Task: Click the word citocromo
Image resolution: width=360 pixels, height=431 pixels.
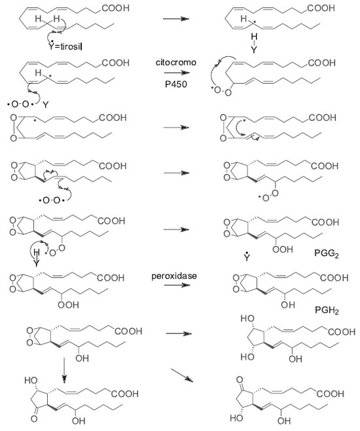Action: click(175, 62)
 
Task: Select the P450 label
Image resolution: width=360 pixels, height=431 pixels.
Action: click(175, 84)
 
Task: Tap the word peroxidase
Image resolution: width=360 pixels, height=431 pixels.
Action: click(174, 276)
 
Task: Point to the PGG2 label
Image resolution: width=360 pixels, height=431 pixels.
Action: click(327, 253)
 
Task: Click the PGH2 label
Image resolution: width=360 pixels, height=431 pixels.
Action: click(327, 310)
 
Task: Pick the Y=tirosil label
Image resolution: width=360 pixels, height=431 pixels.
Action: click(65, 46)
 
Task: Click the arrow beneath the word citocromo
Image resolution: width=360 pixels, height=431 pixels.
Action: click(177, 73)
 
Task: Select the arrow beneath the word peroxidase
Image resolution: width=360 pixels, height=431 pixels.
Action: click(177, 285)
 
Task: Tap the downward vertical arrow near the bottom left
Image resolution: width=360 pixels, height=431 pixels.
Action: click(64, 370)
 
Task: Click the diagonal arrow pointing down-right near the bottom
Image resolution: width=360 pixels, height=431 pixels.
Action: click(182, 375)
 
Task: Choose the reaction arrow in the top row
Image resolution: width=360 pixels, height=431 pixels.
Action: click(176, 19)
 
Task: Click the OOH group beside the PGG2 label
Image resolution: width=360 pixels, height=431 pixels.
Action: click(283, 249)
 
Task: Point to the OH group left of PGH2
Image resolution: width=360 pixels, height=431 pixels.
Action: click(288, 305)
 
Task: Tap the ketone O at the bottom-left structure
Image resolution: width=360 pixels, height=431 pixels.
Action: click(34, 419)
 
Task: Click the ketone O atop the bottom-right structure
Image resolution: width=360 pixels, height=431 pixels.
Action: click(240, 380)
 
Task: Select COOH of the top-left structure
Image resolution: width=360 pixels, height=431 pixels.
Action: click(115, 8)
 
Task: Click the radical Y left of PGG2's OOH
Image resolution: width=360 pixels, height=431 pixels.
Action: click(247, 257)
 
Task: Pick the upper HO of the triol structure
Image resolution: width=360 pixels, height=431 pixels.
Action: click(247, 319)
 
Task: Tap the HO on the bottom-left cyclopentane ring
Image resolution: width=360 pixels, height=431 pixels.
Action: click(31, 380)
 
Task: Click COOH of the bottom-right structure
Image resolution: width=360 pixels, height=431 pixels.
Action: click(331, 394)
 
